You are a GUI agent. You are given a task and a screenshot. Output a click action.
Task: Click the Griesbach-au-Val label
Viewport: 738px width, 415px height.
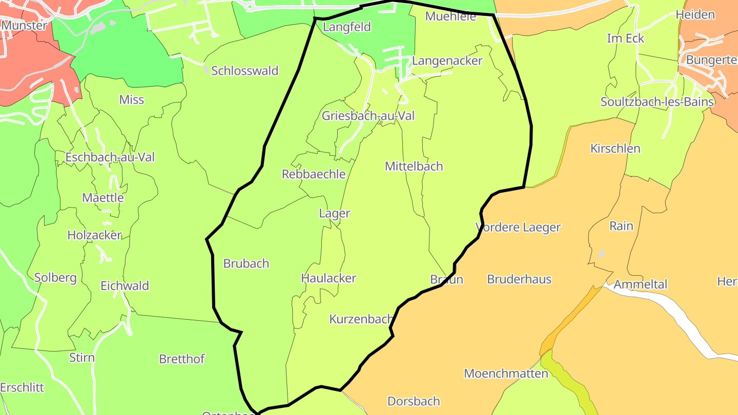point(368,116)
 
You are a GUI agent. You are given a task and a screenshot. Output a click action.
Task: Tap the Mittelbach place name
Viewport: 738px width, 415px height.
point(414,166)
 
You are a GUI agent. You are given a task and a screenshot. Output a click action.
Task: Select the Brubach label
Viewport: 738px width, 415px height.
point(246,263)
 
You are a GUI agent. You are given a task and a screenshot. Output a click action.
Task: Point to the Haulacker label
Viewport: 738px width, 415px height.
point(329,278)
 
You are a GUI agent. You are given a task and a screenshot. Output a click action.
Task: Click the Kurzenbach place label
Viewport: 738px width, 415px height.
point(361,319)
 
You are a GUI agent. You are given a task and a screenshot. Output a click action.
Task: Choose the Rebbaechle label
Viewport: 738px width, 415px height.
point(314,174)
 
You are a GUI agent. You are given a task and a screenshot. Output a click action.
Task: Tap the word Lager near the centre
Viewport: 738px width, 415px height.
point(334,213)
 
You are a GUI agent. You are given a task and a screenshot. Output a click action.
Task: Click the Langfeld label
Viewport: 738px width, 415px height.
point(347,27)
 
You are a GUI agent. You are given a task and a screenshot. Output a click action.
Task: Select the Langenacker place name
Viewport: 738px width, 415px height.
point(447,61)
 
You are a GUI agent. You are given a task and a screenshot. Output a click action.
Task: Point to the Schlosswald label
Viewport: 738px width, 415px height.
point(244,71)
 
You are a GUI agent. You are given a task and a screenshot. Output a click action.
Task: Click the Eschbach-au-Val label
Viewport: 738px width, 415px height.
point(110,157)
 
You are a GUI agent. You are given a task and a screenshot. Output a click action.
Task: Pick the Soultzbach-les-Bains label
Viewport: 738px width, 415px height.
point(657,102)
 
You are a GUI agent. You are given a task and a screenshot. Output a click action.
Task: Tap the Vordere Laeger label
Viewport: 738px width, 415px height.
point(518,227)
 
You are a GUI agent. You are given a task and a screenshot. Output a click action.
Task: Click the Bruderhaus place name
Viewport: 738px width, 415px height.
point(519,279)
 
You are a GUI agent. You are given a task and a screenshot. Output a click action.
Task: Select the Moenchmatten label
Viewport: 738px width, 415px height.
point(506,374)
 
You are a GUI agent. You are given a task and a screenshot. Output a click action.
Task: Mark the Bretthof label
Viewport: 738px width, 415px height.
point(181,359)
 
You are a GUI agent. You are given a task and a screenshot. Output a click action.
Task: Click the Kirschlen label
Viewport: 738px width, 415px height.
point(615,149)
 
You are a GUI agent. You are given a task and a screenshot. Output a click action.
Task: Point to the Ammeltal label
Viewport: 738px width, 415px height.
point(641,284)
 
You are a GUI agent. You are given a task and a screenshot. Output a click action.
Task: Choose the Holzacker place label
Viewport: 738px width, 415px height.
point(95,235)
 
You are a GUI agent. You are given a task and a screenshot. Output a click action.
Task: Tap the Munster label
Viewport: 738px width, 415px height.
point(24,25)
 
